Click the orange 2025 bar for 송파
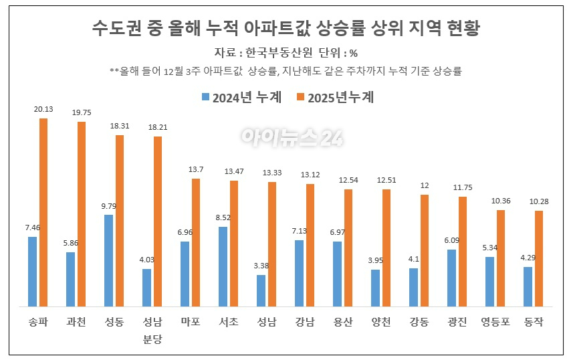[x=43, y=213]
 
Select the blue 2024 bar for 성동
[x=108, y=261]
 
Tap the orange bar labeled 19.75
[x=81, y=214]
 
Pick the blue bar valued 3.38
[x=261, y=291]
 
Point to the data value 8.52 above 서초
[x=223, y=217]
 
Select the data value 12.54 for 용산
[x=348, y=181]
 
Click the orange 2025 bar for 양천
[x=386, y=248]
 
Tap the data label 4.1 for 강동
[x=413, y=260]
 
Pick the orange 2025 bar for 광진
[x=462, y=252]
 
